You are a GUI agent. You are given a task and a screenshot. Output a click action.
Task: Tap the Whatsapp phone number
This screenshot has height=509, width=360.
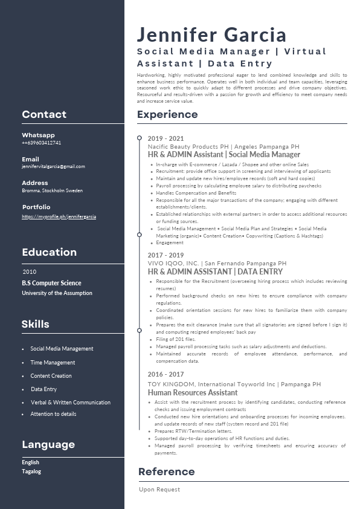pos(42,143)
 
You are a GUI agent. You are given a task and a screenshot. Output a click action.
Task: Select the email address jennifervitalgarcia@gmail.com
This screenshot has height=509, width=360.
pos(53,166)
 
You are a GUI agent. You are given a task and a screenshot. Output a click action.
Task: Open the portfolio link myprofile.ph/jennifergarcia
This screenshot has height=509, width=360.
pos(59,216)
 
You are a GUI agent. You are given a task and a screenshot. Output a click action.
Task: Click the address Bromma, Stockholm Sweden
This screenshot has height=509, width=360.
pos(52,190)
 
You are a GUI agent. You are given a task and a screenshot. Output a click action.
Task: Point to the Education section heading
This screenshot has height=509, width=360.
pos(49,252)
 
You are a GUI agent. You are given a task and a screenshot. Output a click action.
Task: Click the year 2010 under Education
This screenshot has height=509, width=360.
pos(30,272)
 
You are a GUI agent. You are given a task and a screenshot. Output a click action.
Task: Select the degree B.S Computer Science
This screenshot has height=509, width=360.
pos(51,283)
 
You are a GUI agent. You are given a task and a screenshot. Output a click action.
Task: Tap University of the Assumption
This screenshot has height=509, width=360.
pos(57,293)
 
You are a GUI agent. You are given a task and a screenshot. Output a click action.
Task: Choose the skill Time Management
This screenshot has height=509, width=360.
pos(53,363)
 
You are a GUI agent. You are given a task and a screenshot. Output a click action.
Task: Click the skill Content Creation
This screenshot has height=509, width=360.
pos(51,376)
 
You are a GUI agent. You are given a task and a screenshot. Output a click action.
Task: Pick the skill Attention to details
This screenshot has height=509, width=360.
pos(53,414)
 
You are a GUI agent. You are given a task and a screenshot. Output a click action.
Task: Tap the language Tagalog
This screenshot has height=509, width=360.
pos(31,472)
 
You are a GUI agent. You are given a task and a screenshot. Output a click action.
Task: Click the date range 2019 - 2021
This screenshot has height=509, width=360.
pos(166,138)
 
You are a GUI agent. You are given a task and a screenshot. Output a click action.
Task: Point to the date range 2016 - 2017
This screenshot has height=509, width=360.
pos(166,375)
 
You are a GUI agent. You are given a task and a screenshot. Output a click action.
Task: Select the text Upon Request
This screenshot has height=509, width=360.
pos(159,490)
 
